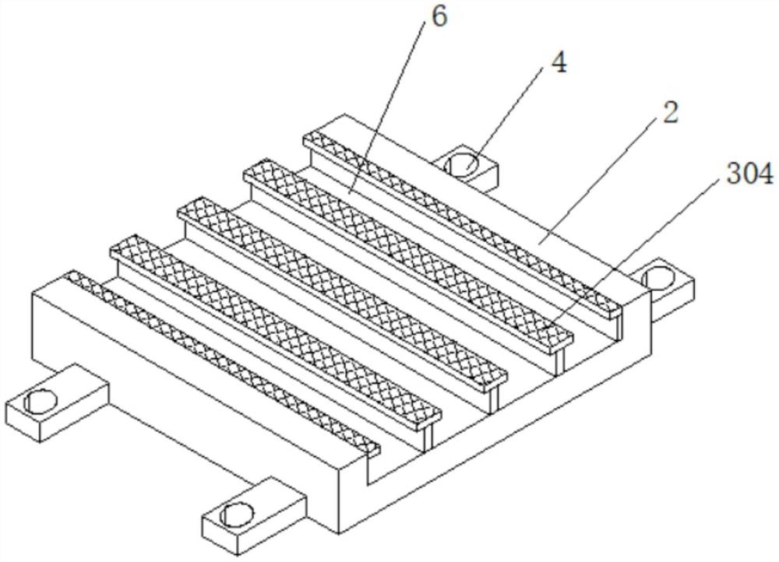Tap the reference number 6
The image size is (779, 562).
click(x=439, y=17)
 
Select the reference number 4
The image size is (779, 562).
click(x=558, y=63)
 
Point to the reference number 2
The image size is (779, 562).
click(x=670, y=113)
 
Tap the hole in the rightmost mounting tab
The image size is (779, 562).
click(x=660, y=276)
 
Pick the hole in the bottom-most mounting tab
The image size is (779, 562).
click(x=237, y=515)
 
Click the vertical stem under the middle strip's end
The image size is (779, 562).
click(x=495, y=397)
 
